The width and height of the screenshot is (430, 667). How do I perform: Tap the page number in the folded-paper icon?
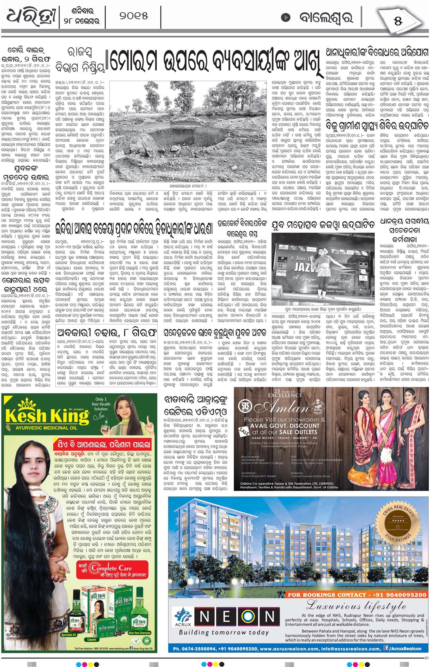pos(398,21)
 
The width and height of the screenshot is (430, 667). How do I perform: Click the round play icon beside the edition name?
pos(285,18)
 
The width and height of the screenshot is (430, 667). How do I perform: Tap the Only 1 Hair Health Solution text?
pos(101,404)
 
